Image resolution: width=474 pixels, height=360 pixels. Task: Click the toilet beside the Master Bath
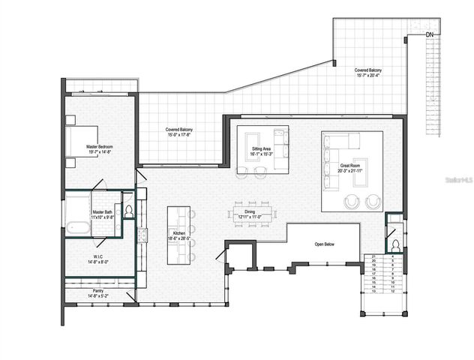[x=127, y=211]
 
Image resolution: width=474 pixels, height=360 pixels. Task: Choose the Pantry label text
[x=98, y=289]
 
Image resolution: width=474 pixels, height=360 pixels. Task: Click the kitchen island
[x=178, y=235]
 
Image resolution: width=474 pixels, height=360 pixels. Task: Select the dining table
[x=253, y=214]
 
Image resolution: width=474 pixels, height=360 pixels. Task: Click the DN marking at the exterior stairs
[x=430, y=34]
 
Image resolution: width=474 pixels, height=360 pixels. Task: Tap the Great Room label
[x=350, y=166]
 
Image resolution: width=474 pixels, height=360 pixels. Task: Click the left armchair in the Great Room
[x=351, y=202]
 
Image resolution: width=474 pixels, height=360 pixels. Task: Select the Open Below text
[x=325, y=244]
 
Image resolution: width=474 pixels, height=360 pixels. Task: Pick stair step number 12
[x=393, y=292]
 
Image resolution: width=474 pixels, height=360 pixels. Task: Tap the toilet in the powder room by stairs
[x=394, y=245]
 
